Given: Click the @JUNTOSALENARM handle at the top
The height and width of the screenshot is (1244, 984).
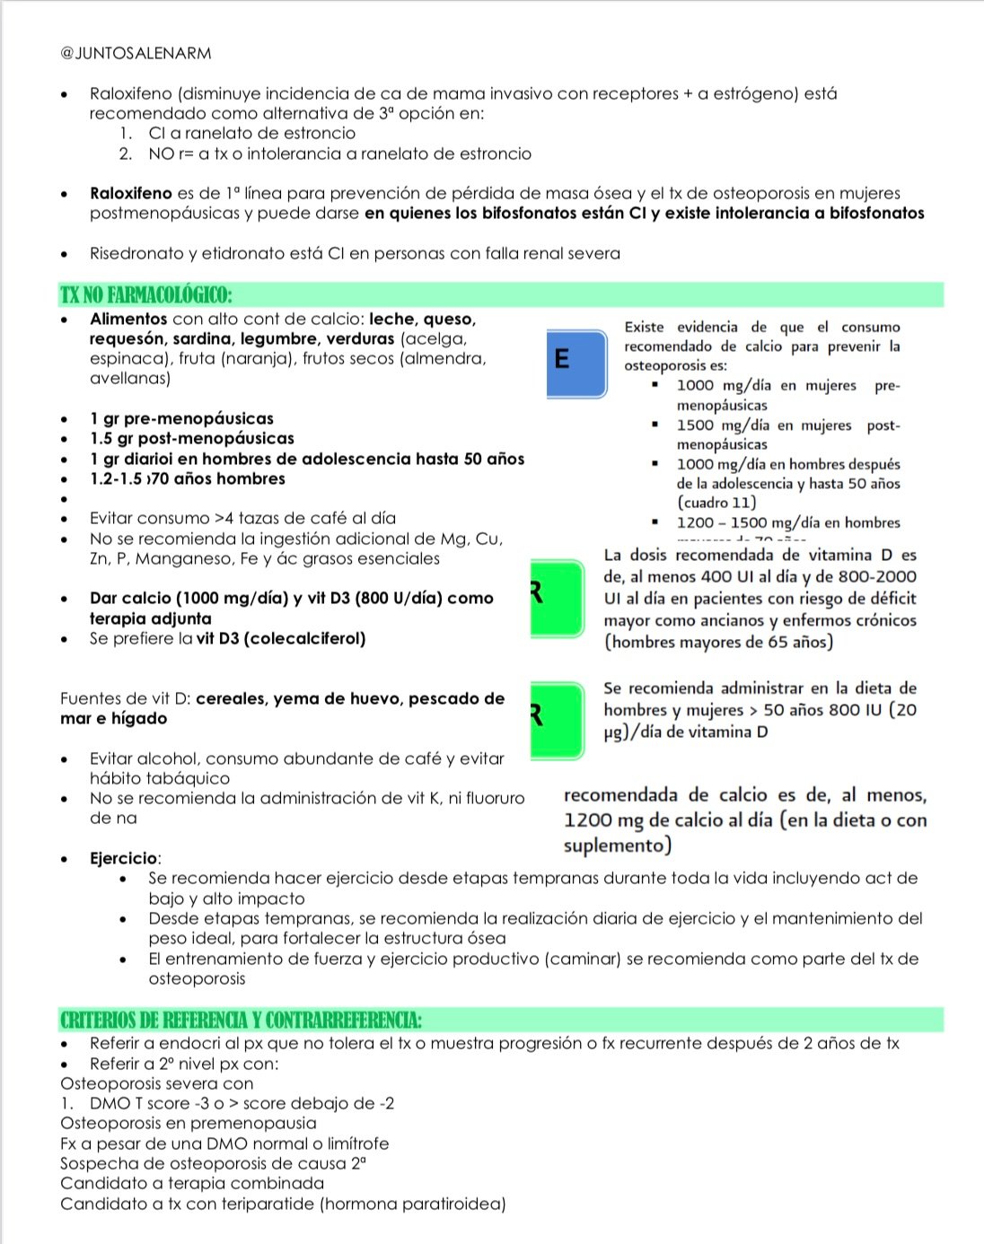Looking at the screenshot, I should (136, 53).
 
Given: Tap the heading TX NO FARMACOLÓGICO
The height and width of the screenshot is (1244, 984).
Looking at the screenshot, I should (146, 295).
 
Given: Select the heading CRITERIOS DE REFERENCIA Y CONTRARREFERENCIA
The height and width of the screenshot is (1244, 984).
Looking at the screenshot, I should (241, 1021).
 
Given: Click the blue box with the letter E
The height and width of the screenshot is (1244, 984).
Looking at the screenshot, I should (575, 361).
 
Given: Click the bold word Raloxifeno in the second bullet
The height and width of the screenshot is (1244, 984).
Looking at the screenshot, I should (130, 193).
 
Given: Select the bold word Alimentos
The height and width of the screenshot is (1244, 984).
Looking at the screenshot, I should (128, 319).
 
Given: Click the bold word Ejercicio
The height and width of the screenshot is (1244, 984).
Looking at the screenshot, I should (123, 859).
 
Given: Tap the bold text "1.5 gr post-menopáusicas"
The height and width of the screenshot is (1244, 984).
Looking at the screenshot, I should (191, 438).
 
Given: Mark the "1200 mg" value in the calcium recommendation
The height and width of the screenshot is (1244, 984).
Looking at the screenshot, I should (602, 819).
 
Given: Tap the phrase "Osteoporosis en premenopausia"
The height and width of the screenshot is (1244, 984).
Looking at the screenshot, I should (189, 1123).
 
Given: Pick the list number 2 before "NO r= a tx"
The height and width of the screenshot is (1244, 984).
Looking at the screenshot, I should (126, 153).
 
